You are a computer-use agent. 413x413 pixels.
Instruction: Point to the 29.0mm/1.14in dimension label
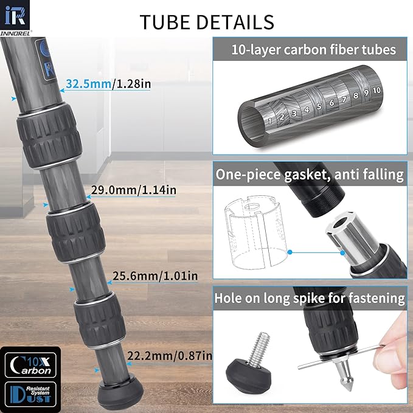tap(134, 190)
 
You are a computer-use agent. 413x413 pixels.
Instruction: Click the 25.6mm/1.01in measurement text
tap(155, 276)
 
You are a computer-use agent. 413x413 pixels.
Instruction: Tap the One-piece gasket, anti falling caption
tap(310, 175)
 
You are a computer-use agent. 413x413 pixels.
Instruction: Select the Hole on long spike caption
tap(310, 298)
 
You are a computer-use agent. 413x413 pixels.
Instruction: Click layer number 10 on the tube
tap(377, 90)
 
